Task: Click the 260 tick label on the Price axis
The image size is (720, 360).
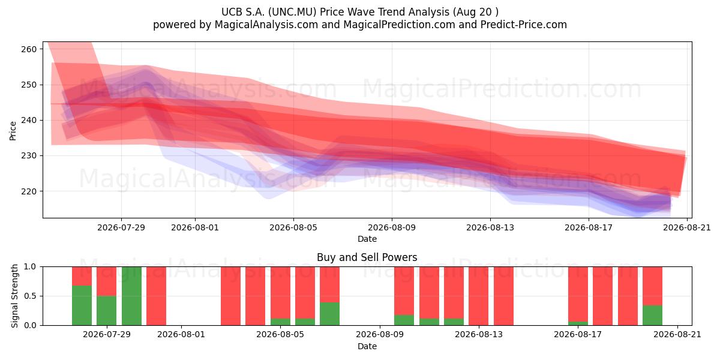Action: tap(29, 49)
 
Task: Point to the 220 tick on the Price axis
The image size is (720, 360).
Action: tap(29, 191)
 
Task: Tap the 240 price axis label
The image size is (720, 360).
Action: tap(29, 121)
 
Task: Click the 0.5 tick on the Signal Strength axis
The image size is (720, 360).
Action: tap(30, 296)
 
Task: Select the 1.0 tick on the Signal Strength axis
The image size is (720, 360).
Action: tap(30, 267)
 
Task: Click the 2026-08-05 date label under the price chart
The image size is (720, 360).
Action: tap(293, 227)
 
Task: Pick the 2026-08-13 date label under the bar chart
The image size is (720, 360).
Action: tap(479, 334)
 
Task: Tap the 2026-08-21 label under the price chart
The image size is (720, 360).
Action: tap(687, 227)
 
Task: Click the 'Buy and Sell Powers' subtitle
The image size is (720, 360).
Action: tap(367, 257)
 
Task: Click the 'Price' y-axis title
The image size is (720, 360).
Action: tap(13, 131)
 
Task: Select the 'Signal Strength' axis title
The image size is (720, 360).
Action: tap(14, 296)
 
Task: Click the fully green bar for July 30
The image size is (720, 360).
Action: tap(131, 296)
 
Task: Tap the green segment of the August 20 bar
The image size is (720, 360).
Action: tap(653, 316)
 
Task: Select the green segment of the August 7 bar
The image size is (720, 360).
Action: tap(329, 314)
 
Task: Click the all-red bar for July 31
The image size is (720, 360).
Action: tap(156, 296)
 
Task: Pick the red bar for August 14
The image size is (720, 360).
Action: tap(503, 296)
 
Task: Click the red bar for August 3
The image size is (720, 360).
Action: tap(230, 296)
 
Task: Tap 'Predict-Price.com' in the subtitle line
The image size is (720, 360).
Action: tap(524, 25)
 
